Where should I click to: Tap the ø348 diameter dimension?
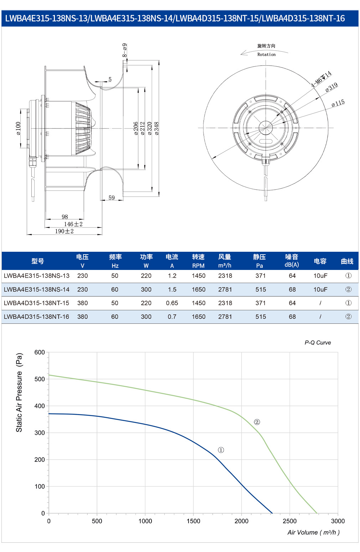157,128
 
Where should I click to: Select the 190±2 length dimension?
64,231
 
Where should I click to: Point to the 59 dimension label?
112,198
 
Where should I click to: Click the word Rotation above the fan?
266,55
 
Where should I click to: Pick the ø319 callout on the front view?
331,87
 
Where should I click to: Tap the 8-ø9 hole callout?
125,50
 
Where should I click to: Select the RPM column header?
199,266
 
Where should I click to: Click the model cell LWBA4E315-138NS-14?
36,289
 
